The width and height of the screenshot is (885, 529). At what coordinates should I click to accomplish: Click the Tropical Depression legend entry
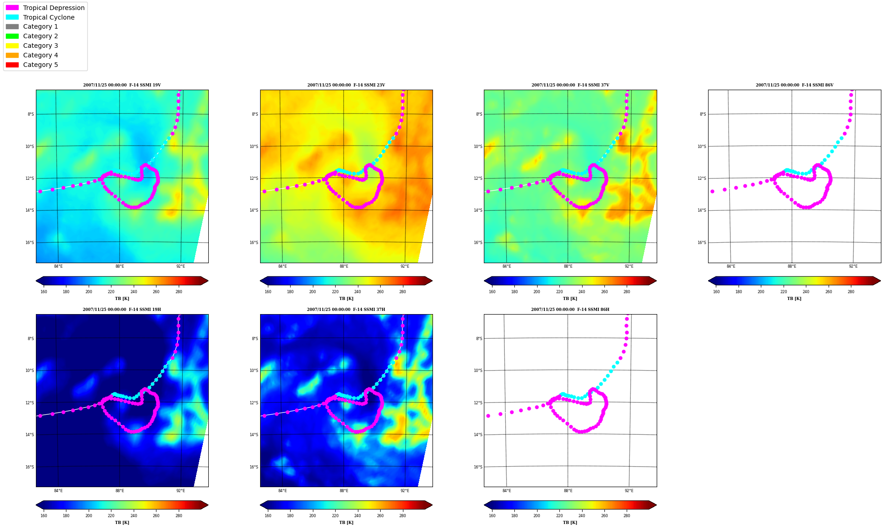point(45,8)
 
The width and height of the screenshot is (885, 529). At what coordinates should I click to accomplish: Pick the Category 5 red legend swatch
point(12,65)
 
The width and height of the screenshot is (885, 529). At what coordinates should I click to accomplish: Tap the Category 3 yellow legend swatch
point(12,46)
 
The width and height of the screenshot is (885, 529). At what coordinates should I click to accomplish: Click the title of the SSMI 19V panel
point(122,85)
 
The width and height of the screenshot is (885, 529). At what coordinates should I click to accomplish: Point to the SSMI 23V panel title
point(346,85)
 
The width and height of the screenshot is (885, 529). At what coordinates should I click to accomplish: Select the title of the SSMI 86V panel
point(794,85)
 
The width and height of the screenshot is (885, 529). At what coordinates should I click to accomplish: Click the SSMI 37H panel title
point(346,310)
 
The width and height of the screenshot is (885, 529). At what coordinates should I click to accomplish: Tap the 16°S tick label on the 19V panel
point(30,243)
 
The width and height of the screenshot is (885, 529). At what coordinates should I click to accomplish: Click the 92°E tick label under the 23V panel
point(405,266)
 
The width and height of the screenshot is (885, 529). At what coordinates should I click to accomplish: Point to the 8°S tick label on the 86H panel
point(479,339)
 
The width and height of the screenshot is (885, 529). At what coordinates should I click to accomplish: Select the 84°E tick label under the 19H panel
point(58,491)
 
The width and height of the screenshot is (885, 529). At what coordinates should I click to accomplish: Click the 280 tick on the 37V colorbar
point(627,292)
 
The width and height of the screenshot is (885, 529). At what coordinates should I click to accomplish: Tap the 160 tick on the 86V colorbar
point(716,292)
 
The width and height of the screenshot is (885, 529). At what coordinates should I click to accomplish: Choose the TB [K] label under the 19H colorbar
point(122,523)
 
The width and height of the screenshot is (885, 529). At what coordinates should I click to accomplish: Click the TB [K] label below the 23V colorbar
point(346,299)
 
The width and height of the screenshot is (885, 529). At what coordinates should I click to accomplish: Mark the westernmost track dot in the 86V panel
point(712,191)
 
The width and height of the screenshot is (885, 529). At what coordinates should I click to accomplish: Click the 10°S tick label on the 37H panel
point(254,371)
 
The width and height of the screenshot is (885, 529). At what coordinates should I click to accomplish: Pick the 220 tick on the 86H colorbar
point(559,516)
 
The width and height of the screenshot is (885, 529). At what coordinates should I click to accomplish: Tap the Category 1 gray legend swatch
point(12,26)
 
